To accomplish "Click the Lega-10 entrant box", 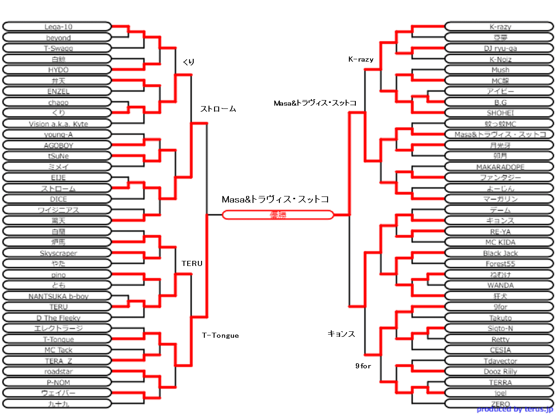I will pos(57,26).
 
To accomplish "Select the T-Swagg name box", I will pos(57,48).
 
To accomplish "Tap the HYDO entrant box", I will pos(57,69).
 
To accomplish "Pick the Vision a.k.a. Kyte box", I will pos(57,124).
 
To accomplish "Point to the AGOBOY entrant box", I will pos(57,145).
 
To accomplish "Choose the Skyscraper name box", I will pos(57,253).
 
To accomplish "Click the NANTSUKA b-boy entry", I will pos(57,296).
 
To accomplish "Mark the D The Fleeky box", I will pos(57,318).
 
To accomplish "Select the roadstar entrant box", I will pos(57,372).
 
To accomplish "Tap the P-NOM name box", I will pos(57,382).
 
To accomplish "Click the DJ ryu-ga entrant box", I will pos(500,48).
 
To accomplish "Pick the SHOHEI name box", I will pos(500,113).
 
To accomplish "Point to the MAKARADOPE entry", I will pos(500,167).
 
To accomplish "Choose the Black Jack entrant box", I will pos(500,253).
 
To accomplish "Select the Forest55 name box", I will pos(500,264).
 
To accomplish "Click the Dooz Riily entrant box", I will pos(500,372).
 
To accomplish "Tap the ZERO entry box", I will pos(500,404).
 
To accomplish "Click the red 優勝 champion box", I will pos(278,215).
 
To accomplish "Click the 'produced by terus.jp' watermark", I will pos(515,410).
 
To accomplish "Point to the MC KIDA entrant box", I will pos(500,242).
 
